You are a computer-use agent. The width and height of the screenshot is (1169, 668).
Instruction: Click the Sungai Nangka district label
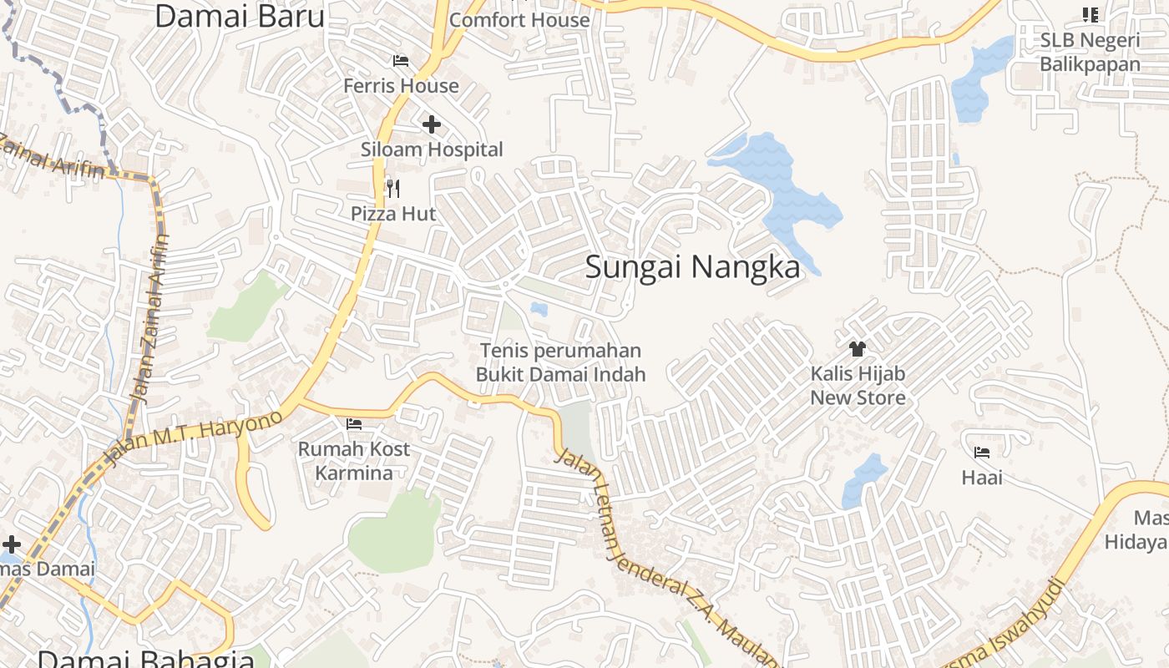(692, 267)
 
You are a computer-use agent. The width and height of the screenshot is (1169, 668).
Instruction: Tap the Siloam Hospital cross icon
(431, 125)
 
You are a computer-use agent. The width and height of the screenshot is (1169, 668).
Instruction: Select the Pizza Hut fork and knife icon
(392, 189)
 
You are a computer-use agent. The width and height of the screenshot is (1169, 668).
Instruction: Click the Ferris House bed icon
(401, 61)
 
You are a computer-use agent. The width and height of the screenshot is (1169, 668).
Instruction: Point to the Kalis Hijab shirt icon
(857, 349)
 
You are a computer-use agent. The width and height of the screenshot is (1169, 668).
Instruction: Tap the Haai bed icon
(982, 453)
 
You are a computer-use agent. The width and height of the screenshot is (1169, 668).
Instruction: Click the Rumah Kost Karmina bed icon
(354, 424)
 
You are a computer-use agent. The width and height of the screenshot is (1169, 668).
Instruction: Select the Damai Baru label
(239, 15)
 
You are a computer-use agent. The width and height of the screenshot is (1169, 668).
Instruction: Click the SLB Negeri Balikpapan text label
(1090, 52)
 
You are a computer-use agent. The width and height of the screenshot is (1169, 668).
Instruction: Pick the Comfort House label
(519, 19)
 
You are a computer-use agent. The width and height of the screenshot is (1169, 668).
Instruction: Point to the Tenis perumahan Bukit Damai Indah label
(561, 362)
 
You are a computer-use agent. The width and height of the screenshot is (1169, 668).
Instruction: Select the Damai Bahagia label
(146, 658)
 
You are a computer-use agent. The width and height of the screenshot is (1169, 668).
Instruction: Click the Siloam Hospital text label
(432, 149)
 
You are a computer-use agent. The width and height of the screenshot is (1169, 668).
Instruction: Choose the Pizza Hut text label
(393, 214)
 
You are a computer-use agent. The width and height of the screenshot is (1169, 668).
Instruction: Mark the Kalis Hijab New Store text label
(858, 385)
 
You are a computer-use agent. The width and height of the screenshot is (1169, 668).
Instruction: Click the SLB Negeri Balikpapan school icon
(1090, 14)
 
